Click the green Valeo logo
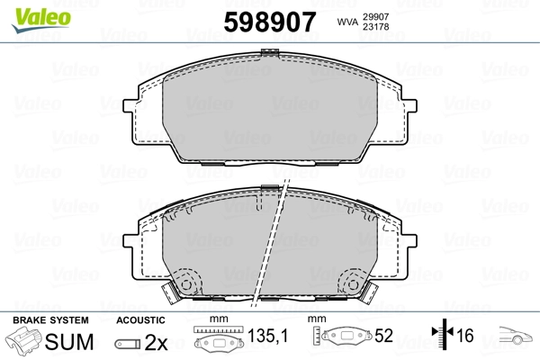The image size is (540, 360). pyautogui.click(x=41, y=21)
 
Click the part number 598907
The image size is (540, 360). pyautogui.click(x=270, y=22)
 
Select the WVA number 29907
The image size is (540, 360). pyautogui.click(x=375, y=16)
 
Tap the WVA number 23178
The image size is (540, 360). pyautogui.click(x=375, y=26)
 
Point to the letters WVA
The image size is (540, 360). pyautogui.click(x=347, y=22)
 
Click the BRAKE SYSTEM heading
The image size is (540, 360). pyautogui.click(x=50, y=320)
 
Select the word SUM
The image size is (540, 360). pyautogui.click(x=69, y=342)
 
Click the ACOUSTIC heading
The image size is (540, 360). pyautogui.click(x=140, y=320)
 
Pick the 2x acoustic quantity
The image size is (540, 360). pyautogui.click(x=156, y=342)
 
